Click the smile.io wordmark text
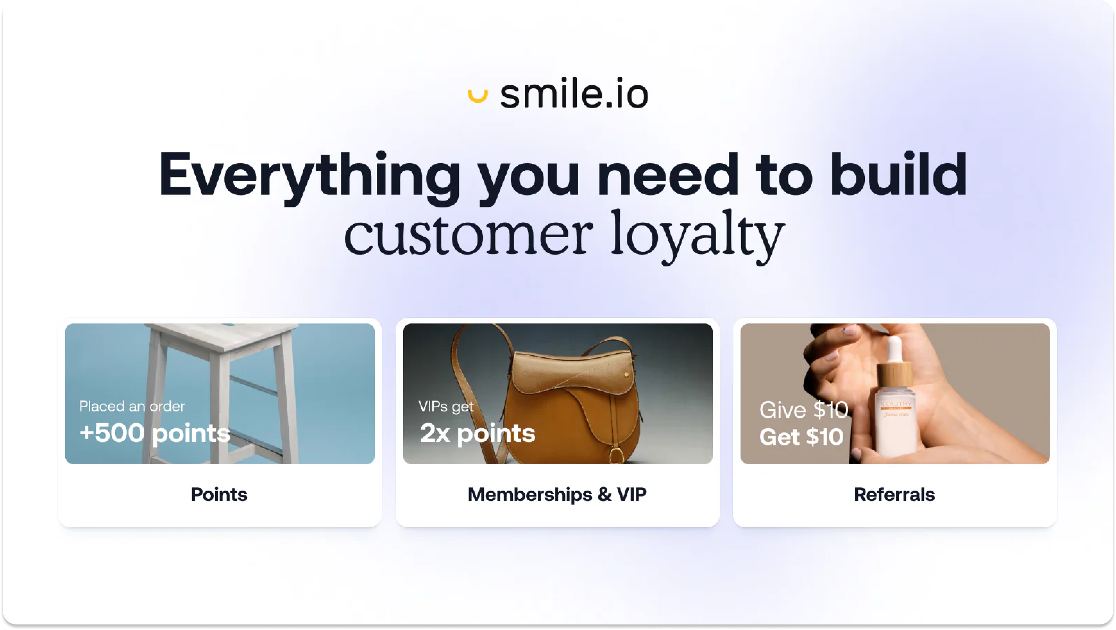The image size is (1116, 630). coord(574,94)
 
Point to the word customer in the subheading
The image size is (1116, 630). coord(468,233)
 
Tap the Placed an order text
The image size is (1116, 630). coord(132,406)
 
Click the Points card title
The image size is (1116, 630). coord(219,494)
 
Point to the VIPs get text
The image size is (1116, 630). coord(446,406)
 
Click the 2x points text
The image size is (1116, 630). coord(478,433)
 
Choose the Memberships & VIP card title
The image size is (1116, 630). coord(557,494)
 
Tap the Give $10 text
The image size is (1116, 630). coord(804,410)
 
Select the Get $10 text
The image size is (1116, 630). coord(802,436)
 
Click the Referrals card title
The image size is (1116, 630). coord(894,494)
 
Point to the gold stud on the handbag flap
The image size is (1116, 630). coord(626,374)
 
